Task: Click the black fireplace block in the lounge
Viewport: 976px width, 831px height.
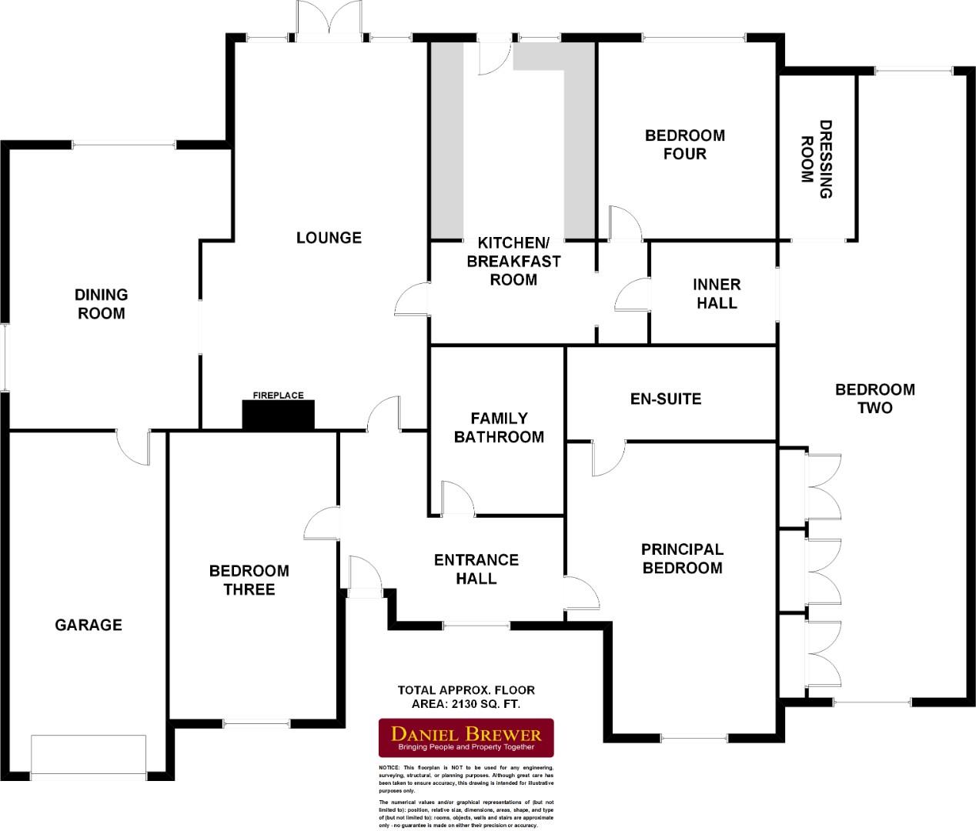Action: pyautogui.click(x=279, y=415)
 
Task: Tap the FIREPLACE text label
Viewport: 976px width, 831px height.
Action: pyautogui.click(x=279, y=395)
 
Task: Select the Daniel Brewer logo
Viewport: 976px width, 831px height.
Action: pyautogui.click(x=466, y=738)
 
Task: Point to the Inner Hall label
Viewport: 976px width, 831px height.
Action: pyautogui.click(x=717, y=294)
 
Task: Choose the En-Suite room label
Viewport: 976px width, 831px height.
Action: pyautogui.click(x=666, y=399)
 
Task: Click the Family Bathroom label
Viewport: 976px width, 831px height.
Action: pyautogui.click(x=499, y=428)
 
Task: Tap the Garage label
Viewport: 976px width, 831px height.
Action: pyautogui.click(x=89, y=625)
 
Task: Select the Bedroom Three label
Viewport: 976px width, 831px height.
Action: pyautogui.click(x=249, y=580)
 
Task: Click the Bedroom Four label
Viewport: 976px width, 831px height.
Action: pyautogui.click(x=684, y=145)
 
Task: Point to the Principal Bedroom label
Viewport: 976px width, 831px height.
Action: pyautogui.click(x=682, y=559)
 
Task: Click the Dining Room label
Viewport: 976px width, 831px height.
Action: pyautogui.click(x=102, y=304)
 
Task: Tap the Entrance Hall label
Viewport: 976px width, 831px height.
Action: pyautogui.click(x=476, y=569)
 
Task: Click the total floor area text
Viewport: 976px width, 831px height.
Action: pyautogui.click(x=466, y=696)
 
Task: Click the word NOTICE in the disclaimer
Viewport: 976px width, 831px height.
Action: pyautogui.click(x=389, y=768)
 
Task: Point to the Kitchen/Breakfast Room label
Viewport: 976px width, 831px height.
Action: pyautogui.click(x=513, y=261)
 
